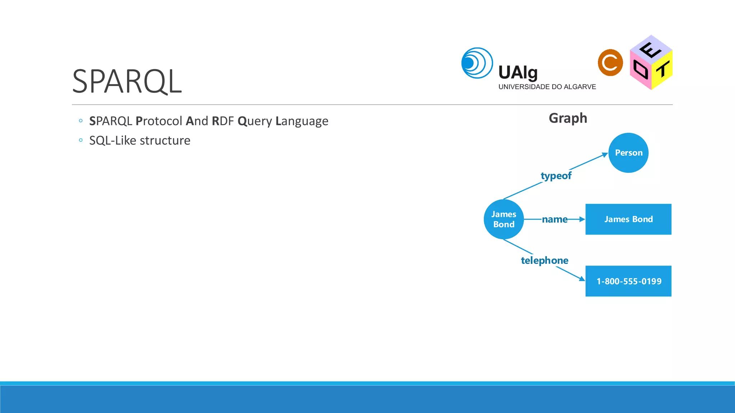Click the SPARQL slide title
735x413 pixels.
pyautogui.click(x=127, y=82)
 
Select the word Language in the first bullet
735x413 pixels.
pyautogui.click(x=301, y=121)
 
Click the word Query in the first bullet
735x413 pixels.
pyautogui.click(x=254, y=121)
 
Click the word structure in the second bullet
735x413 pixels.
pyautogui.click(x=165, y=141)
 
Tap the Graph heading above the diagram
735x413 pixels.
pyautogui.click(x=568, y=118)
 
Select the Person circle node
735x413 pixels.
pyautogui.click(x=628, y=153)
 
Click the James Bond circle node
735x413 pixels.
pyautogui.click(x=504, y=219)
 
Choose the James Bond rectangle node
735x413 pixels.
pyautogui.click(x=628, y=219)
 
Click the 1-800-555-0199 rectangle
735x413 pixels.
pyautogui.click(x=628, y=281)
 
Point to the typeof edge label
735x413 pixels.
pyautogui.click(x=556, y=176)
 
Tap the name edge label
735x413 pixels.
pyautogui.click(x=554, y=219)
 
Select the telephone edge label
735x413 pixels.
pyautogui.click(x=544, y=260)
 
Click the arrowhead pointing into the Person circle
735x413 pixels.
pyautogui.click(x=605, y=155)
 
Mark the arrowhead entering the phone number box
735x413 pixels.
pyautogui.click(x=582, y=279)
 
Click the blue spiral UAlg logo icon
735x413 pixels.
pyautogui.click(x=477, y=63)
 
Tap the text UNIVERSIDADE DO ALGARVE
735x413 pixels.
pyautogui.click(x=547, y=87)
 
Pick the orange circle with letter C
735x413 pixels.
pyautogui.click(x=610, y=63)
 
